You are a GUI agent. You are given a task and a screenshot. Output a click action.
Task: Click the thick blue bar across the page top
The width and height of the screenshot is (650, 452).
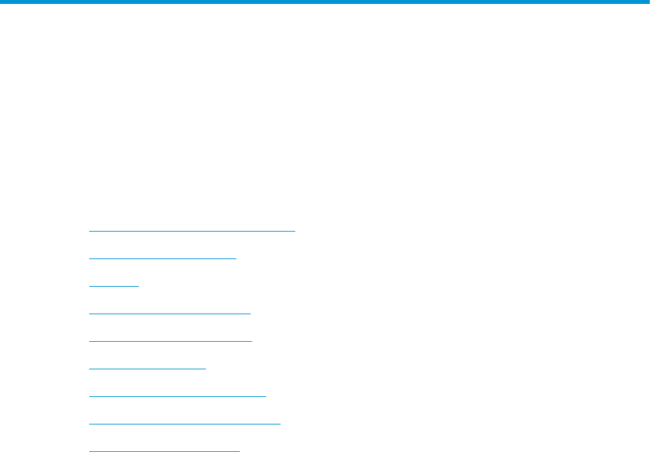[x=325, y=3]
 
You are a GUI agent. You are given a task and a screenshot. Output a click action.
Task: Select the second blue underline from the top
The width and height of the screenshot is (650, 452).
[x=162, y=258]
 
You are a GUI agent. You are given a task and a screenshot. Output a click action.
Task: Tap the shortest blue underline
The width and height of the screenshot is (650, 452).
[x=113, y=286]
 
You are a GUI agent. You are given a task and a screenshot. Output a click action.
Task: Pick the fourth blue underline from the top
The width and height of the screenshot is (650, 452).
[x=169, y=314]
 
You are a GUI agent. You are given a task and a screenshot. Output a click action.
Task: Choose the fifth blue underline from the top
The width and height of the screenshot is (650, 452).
[x=170, y=341]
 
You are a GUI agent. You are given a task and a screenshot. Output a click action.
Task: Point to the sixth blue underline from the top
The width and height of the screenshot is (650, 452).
[x=147, y=369]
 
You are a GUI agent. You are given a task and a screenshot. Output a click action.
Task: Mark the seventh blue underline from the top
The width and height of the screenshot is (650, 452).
[x=177, y=396]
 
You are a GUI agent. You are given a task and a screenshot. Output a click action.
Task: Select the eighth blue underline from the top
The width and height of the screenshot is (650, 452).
[x=184, y=424]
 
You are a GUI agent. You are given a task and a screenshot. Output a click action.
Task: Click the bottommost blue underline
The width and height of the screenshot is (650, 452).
[x=164, y=451]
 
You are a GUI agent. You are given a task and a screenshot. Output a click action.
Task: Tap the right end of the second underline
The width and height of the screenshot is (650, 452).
[x=236, y=258]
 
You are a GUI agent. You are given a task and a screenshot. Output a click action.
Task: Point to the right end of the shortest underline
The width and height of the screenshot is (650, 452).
[x=139, y=286]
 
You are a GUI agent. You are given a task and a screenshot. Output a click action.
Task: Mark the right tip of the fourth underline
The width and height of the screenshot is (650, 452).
[x=250, y=314]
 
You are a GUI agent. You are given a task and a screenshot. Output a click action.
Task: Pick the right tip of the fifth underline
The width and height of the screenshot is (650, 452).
[x=252, y=341]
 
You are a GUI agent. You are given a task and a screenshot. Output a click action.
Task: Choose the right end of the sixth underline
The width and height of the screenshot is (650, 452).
[x=206, y=369]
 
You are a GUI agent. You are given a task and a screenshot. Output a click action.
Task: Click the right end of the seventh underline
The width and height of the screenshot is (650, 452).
[x=266, y=396]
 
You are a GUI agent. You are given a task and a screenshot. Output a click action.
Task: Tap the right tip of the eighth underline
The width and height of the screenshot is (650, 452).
[x=280, y=424]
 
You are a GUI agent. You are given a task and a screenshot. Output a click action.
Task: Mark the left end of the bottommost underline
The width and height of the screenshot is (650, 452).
[x=89, y=451]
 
